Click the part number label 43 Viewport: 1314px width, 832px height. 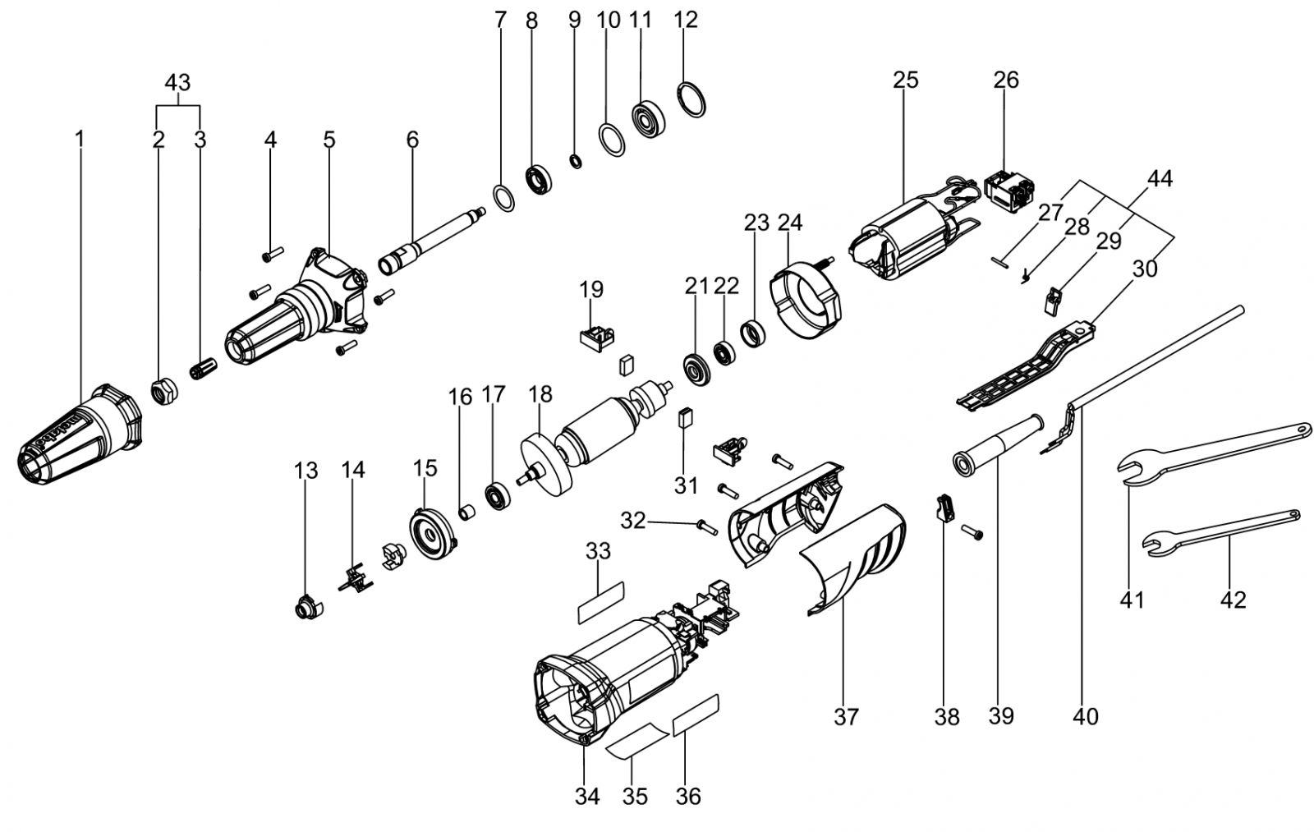[177, 82]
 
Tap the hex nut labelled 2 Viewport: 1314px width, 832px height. [164, 392]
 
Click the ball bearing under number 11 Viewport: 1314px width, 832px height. [650, 121]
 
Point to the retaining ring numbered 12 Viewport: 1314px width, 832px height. [691, 99]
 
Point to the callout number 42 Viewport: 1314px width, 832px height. [1233, 600]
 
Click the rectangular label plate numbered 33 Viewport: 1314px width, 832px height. [600, 603]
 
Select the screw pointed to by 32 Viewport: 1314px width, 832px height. [707, 526]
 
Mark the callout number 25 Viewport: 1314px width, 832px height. [906, 80]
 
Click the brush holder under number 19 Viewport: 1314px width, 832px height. [596, 338]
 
